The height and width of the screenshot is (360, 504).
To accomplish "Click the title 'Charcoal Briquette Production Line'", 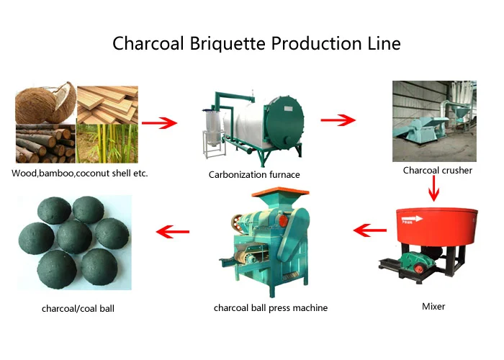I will coord(256,43).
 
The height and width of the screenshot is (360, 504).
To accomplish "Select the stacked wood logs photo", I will coord(44,145).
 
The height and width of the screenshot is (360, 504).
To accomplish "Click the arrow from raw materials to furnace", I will coord(159,123).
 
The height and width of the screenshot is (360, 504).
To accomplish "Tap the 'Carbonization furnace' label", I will coord(254,174).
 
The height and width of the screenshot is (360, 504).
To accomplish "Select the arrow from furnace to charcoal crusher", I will coord(338,119).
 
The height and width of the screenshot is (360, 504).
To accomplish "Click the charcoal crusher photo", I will coord(434,121).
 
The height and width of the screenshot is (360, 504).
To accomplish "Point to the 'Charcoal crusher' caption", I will coord(438,171).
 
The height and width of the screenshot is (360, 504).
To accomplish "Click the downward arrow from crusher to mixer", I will coord(434,189).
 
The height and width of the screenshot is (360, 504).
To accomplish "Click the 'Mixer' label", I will coord(433,306).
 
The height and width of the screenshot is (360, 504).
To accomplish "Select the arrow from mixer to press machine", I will coord(370,230).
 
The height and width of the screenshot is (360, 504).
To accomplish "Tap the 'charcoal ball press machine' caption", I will coord(271,308).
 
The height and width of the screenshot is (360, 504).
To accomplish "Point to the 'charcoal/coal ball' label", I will coord(78,309).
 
